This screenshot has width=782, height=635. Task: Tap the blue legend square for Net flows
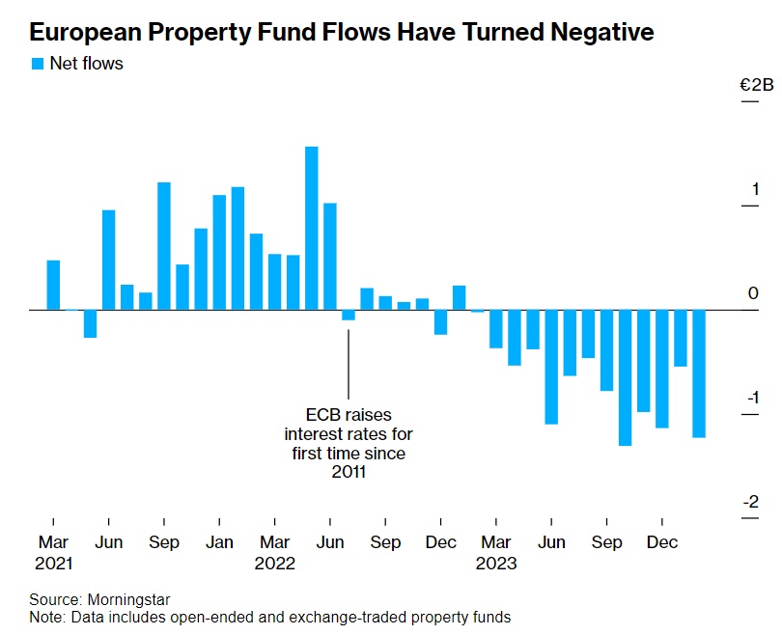[x=38, y=64]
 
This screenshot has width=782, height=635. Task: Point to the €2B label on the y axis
[x=756, y=86]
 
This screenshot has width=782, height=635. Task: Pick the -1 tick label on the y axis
[x=752, y=398]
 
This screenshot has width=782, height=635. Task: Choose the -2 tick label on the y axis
[x=752, y=502]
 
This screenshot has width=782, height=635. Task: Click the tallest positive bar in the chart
[x=312, y=228]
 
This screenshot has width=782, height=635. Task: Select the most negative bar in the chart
[x=625, y=377]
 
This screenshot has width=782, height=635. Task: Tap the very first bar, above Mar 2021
[x=54, y=286]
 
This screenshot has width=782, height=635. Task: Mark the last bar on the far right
[x=699, y=373]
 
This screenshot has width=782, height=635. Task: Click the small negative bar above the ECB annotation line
[x=349, y=315]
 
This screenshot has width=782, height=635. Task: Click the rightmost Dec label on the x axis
[x=661, y=542]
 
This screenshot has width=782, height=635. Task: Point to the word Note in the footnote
[x=44, y=617]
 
